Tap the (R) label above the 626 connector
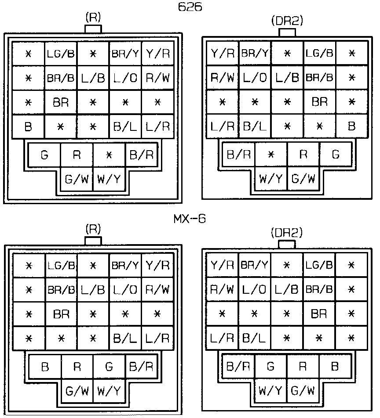point(93,18)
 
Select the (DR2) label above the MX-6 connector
point(287,232)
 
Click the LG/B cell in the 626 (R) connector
point(61,54)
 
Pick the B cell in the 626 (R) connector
point(28,127)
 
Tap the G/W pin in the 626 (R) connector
point(77,179)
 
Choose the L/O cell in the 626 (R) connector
point(125,79)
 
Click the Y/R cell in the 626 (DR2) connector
point(223,54)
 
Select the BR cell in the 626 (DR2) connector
point(319,102)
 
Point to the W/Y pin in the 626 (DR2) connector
point(271,179)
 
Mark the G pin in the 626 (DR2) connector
point(336,155)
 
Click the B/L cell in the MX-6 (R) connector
point(125,339)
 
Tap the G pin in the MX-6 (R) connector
point(109,366)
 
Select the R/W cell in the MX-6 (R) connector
point(157,290)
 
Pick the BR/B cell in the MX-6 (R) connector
point(61,290)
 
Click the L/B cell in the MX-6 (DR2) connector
point(287,290)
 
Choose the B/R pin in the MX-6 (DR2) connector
point(238,366)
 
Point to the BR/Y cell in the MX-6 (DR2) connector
point(255,265)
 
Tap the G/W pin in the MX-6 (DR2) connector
point(303,390)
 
